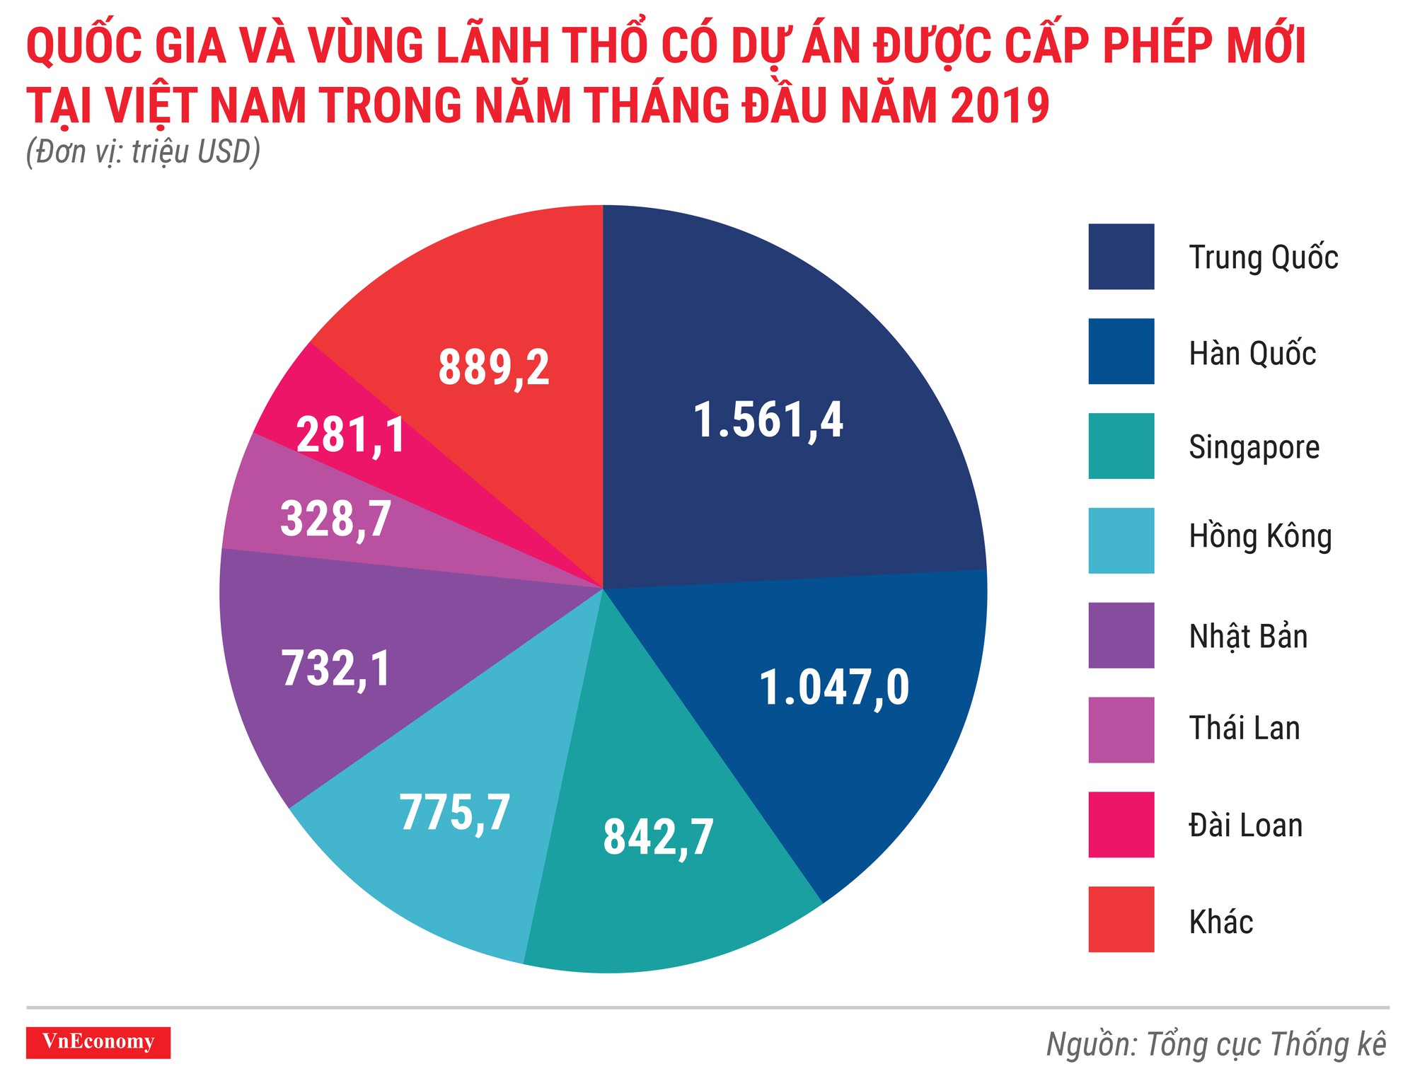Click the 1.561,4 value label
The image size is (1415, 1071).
pos(768,420)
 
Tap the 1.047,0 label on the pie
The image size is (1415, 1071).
pos(834,688)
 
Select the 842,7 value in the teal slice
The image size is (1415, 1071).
pos(658,838)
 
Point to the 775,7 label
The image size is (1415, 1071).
pos(455,813)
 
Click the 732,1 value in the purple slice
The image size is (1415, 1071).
pos(336,668)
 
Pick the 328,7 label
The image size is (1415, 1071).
pos(336,519)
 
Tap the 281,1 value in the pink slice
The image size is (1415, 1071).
pos(351,434)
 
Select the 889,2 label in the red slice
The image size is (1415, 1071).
pos(494,368)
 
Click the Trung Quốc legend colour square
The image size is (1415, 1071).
pos(1121,257)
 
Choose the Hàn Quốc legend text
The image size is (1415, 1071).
pos(1252,353)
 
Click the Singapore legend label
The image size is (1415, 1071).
pos(1254,447)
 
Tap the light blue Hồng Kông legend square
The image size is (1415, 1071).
pos(1121,540)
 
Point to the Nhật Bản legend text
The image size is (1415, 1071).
pos(1247,636)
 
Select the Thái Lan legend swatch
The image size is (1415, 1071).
pos(1121,730)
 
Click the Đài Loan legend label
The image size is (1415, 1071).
pos(1245,826)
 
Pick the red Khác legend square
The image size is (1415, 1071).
pos(1121,919)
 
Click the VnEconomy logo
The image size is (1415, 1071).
pos(98,1042)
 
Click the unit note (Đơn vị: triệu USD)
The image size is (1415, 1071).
pos(143,152)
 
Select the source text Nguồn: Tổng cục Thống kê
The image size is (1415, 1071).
pos(1215,1045)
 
